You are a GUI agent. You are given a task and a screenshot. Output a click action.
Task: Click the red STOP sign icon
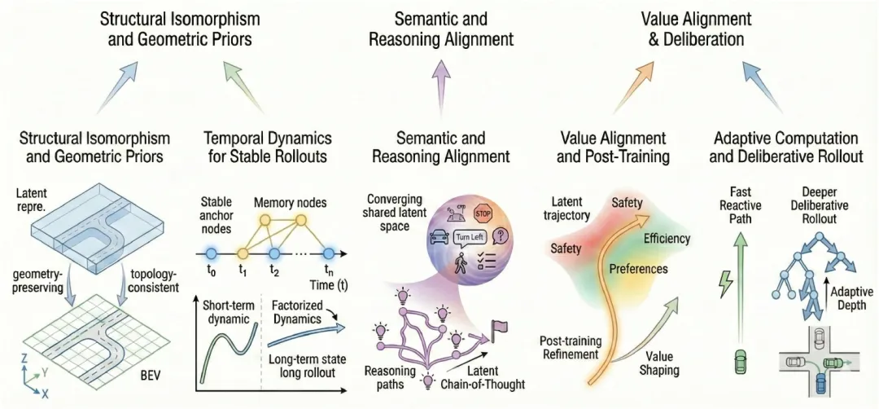click(483, 213)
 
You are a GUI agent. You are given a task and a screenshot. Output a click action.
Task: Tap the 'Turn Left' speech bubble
click(470, 238)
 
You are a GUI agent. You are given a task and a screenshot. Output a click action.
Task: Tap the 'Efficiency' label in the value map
click(666, 239)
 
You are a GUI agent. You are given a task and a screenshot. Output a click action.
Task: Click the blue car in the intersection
click(822, 385)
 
